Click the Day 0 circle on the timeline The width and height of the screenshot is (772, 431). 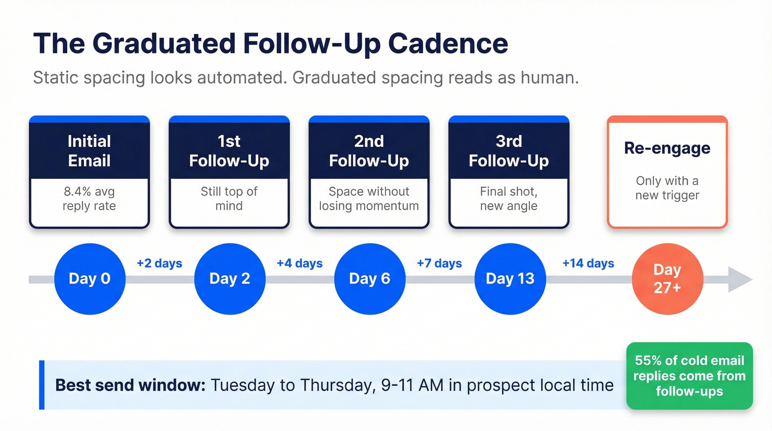pos(89,279)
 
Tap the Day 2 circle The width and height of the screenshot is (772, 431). pos(229,279)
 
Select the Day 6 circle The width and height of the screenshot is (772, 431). pos(369,279)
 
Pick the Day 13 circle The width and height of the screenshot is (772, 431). pos(510,279)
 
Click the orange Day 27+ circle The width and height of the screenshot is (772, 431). pos(667,279)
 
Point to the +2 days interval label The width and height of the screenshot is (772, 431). pos(159,263)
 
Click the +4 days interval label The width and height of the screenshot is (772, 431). pos(299,263)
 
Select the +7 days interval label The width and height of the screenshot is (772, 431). pos(439,263)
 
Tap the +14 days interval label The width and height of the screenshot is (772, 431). pos(588,263)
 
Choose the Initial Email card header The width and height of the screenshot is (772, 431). pos(89,151)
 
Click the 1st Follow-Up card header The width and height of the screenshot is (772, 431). pos(229,151)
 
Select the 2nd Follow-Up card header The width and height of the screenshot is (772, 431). pos(369,151)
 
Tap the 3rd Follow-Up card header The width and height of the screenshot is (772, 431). pos(509,151)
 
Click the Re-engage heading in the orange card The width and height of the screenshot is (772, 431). pos(667,148)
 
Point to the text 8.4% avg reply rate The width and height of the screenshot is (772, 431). pos(89,199)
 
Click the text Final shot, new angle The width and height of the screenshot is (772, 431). pos(509,199)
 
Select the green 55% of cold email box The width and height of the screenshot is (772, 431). pos(689,376)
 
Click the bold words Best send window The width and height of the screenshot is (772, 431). pos(130,385)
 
